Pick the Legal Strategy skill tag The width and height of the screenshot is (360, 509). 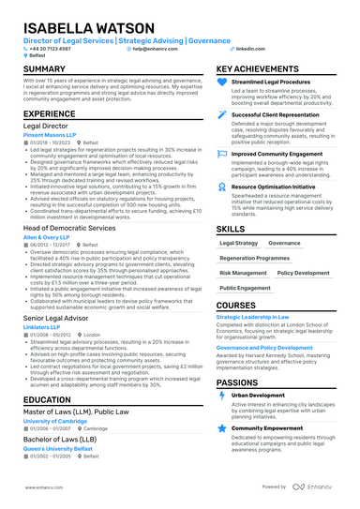pos(238,242)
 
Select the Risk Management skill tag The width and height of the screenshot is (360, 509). pos(243,272)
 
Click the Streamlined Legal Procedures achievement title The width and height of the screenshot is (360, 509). pos(270,82)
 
